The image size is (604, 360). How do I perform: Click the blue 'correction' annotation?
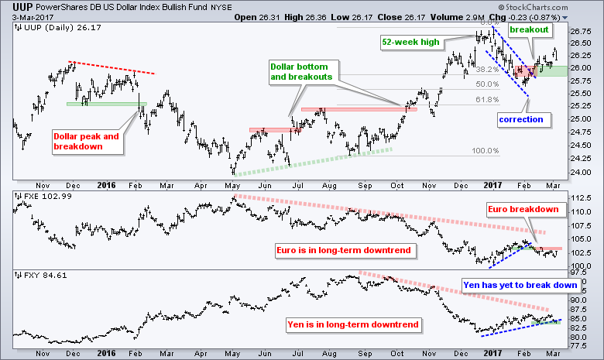pyautogui.click(x=520, y=119)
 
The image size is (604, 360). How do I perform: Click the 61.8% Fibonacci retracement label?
pyautogui.click(x=486, y=99)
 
